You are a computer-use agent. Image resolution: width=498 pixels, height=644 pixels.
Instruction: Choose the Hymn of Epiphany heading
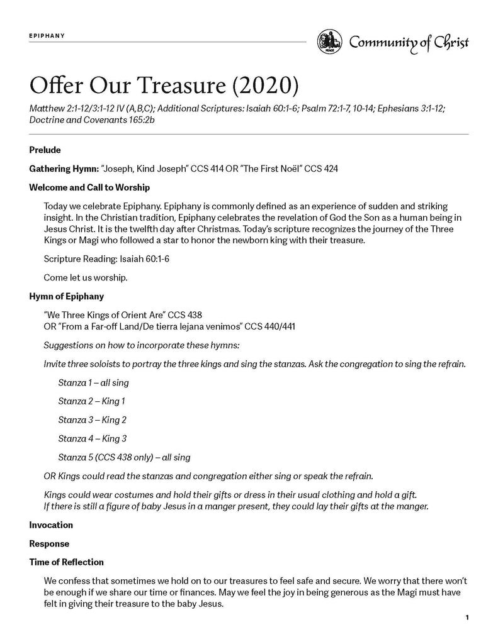click(67, 296)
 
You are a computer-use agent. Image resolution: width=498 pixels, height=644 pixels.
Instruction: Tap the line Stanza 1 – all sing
click(93, 382)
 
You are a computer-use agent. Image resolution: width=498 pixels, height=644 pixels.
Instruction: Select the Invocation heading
click(51, 525)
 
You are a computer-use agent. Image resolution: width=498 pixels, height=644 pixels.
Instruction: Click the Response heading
click(49, 543)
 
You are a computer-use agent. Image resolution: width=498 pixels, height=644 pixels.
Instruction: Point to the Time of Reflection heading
click(66, 562)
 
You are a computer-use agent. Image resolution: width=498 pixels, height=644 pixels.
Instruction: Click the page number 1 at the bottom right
click(467, 618)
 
